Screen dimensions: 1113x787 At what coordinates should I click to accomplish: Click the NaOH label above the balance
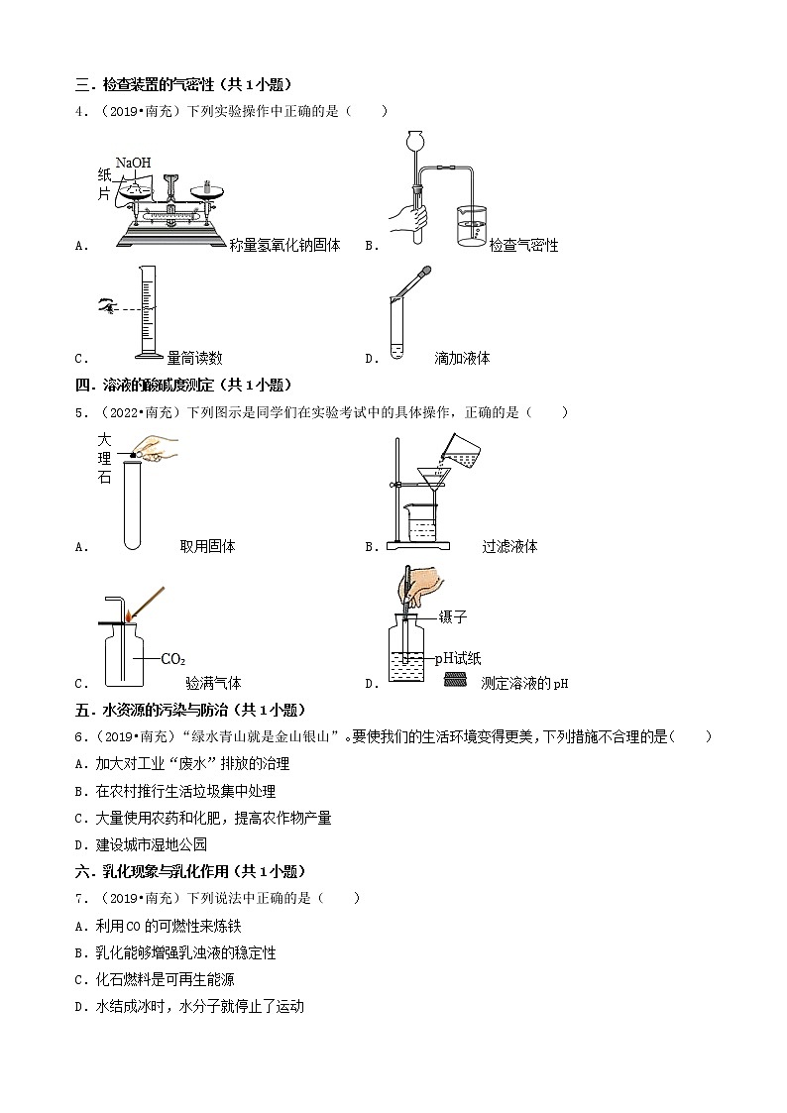pyautogui.click(x=134, y=162)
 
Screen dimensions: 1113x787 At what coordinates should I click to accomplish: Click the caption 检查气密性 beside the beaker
pyautogui.click(x=523, y=245)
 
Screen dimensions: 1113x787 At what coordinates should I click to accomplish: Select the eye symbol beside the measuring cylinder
pyautogui.click(x=106, y=308)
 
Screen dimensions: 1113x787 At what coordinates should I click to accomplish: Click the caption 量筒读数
pyautogui.click(x=194, y=358)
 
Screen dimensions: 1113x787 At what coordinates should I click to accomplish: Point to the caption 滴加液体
pyautogui.click(x=462, y=358)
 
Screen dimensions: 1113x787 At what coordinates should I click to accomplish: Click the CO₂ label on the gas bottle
pyautogui.click(x=172, y=658)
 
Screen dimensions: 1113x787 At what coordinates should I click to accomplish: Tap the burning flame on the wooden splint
pyautogui.click(x=129, y=615)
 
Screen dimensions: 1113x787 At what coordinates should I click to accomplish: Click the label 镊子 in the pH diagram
pyautogui.click(x=452, y=616)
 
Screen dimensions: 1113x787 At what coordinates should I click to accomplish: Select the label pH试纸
pyautogui.click(x=461, y=657)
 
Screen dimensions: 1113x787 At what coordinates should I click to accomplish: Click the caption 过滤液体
pyautogui.click(x=509, y=546)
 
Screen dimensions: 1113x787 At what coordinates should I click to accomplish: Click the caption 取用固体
pyautogui.click(x=207, y=546)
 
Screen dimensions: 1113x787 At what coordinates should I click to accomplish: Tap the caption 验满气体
pyautogui.click(x=213, y=683)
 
